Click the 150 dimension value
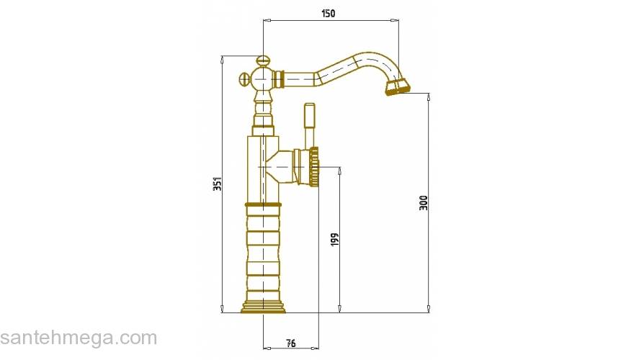328,14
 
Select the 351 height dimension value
218,184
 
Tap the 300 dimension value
423,202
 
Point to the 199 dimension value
335,240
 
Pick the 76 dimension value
291,343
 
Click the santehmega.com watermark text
79,338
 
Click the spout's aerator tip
398,86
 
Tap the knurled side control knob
314,166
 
